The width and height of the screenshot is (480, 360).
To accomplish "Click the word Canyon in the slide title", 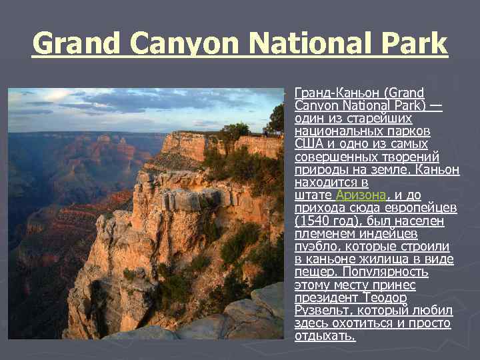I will (x=179, y=44).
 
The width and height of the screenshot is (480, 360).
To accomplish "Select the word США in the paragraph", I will (x=308, y=144).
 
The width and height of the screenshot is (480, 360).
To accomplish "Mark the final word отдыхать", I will (x=325, y=336).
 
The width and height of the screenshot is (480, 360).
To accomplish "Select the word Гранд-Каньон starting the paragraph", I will (x=331, y=93).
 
